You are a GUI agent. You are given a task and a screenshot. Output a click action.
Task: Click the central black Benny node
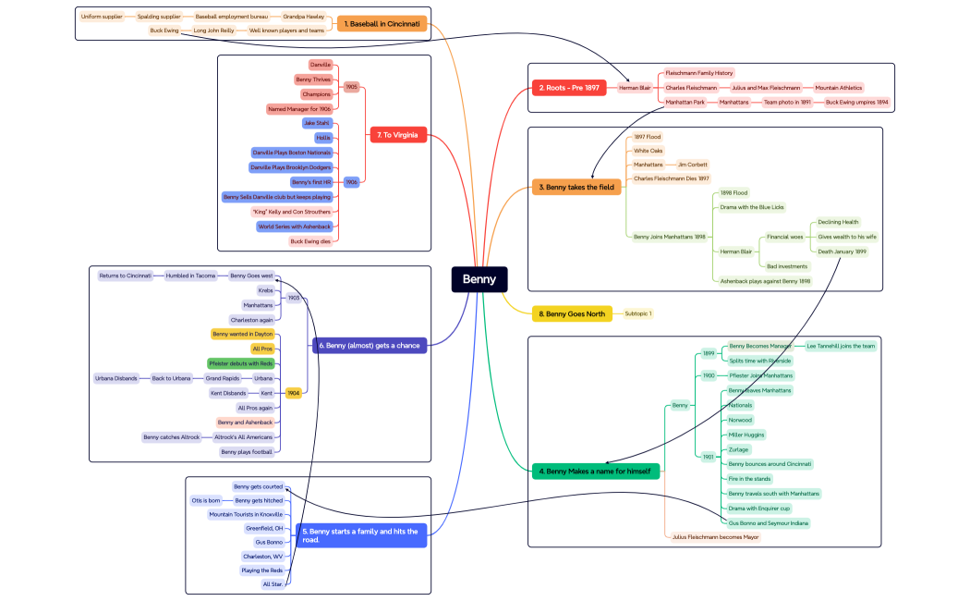click(x=479, y=279)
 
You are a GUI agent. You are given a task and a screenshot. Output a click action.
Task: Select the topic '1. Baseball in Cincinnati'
click(x=382, y=23)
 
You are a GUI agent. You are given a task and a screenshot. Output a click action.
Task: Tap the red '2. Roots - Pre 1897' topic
click(x=567, y=88)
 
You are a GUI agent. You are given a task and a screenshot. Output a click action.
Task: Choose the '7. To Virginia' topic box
click(x=397, y=135)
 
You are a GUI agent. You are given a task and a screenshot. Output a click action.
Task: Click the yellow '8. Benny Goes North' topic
click(x=572, y=313)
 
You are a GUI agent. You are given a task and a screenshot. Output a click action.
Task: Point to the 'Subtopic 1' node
click(x=638, y=313)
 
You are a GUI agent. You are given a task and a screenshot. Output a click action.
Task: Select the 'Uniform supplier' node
click(x=102, y=17)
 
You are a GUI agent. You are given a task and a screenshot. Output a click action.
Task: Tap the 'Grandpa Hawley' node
click(x=303, y=17)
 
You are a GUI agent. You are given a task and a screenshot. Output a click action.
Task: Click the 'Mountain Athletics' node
click(x=838, y=88)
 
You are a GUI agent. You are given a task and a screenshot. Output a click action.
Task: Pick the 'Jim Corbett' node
click(x=692, y=165)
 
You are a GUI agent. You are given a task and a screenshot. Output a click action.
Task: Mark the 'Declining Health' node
click(x=838, y=222)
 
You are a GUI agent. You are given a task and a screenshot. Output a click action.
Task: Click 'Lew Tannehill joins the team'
click(x=841, y=346)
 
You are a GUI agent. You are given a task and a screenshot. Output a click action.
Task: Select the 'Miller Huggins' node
click(x=746, y=435)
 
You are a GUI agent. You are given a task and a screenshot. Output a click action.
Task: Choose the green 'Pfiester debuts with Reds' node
click(x=241, y=363)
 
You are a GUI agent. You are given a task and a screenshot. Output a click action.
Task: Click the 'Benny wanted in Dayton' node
click(x=242, y=334)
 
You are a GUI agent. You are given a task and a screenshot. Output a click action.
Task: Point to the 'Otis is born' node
click(x=205, y=500)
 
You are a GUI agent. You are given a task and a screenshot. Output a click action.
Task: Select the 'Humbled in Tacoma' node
click(x=191, y=276)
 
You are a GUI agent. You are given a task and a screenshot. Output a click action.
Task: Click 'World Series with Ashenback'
click(x=295, y=227)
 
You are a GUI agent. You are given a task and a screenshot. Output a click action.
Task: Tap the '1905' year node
click(x=351, y=87)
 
